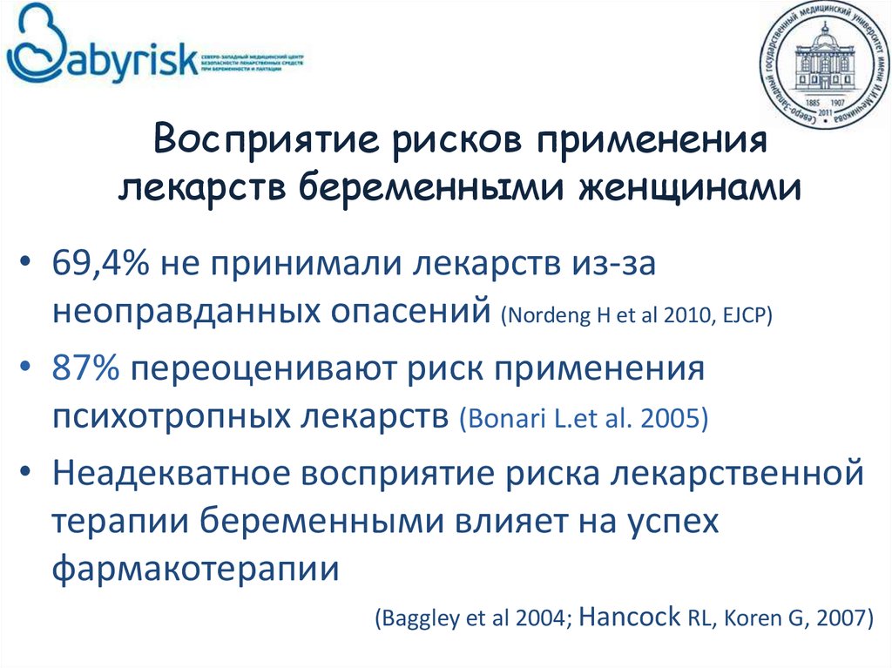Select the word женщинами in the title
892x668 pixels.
(x=703, y=186)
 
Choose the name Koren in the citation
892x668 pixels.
(x=763, y=619)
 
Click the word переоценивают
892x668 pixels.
(x=253, y=370)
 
